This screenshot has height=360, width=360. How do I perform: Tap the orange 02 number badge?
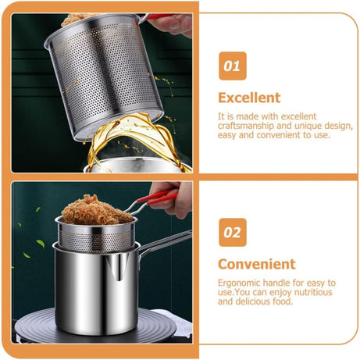pos(232,232)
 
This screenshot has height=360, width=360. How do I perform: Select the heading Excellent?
pos(248,98)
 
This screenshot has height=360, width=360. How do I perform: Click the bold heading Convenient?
pos(256,264)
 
